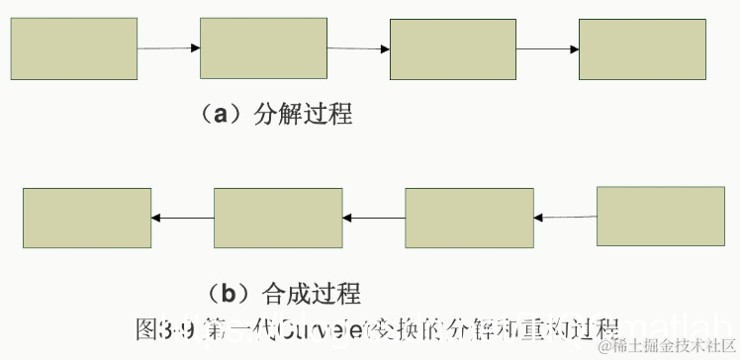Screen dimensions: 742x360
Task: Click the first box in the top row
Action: coord(74,48)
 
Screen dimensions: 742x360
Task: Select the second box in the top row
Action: coord(263,47)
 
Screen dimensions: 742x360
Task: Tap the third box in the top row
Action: coord(453,48)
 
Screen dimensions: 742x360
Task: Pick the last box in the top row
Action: coord(642,48)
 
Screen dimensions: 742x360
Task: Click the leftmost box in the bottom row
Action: coord(87,217)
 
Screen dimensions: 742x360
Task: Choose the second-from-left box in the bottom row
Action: coord(278,218)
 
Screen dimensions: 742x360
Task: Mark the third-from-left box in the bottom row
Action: coord(469,218)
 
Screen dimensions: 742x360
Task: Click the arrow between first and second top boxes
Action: coord(168,47)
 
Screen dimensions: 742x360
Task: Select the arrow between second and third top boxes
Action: coord(358,47)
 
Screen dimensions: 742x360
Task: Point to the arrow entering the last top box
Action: coord(547,48)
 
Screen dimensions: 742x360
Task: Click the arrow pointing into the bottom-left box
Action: coord(183,218)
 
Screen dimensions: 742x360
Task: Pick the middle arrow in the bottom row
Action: coord(374,218)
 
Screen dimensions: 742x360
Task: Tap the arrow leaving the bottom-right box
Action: coord(565,217)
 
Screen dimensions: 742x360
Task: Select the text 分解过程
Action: coord(303,114)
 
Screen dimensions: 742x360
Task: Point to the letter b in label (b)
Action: coord(228,293)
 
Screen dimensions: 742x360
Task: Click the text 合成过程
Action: coord(311,293)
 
